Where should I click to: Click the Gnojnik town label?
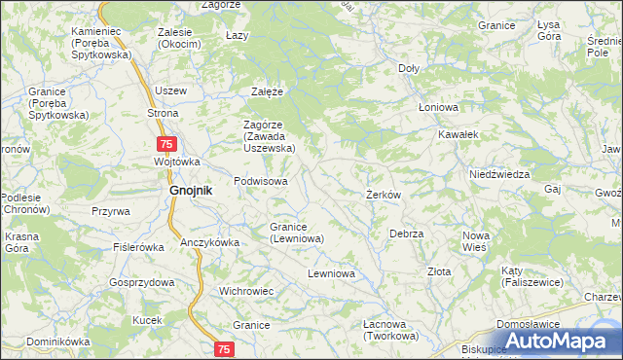(184, 192)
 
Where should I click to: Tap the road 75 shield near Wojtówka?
(167, 144)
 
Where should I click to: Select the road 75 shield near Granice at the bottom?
(225, 348)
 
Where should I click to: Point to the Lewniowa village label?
(330, 274)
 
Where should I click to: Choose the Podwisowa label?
(261, 182)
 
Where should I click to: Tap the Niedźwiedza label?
(498, 174)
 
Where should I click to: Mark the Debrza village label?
(406, 234)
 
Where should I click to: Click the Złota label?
(439, 271)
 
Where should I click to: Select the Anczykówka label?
(208, 242)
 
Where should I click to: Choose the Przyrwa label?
(111, 211)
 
